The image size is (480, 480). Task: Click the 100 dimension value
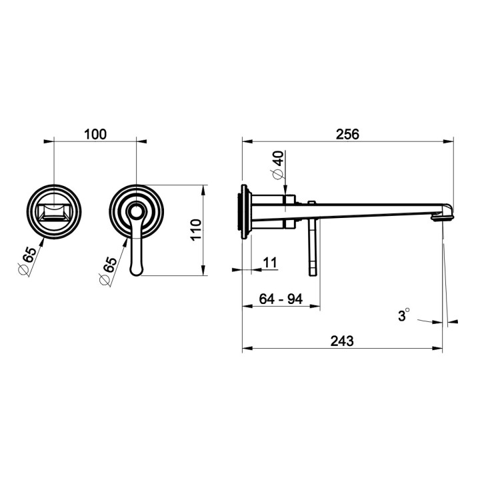click(95, 135)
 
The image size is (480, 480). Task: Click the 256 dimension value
click(347, 135)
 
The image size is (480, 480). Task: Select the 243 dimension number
click(342, 341)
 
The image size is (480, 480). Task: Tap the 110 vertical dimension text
click(196, 230)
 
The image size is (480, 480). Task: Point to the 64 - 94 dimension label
click(281, 299)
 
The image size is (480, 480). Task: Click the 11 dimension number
click(270, 263)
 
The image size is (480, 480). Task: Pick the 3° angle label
click(403, 315)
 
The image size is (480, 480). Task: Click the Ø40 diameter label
click(278, 165)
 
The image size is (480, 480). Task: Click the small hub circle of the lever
click(136, 211)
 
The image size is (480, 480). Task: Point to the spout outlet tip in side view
click(443, 217)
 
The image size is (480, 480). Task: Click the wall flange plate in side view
click(245, 212)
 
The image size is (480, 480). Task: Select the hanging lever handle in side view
click(312, 239)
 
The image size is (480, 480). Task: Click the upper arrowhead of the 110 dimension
click(203, 190)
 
